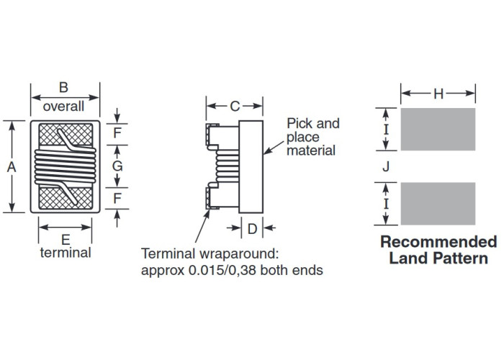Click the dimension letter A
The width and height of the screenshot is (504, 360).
[x=12, y=167]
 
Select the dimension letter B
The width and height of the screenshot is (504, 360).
[x=63, y=87]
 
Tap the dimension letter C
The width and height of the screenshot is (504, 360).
[x=235, y=107]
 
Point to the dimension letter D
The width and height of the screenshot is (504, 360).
[x=253, y=229]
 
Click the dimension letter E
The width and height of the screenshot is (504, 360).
[x=66, y=240]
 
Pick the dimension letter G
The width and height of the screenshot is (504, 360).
[x=117, y=166]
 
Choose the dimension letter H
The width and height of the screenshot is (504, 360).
[x=438, y=94]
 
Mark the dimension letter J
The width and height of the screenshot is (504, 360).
[x=386, y=166]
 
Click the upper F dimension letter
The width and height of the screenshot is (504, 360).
[x=117, y=133]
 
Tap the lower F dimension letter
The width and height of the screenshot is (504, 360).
[x=117, y=198]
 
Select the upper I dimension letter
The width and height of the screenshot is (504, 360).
[x=386, y=130]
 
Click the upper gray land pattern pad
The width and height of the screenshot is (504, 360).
[x=438, y=129]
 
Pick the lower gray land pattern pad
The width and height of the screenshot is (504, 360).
[x=438, y=204]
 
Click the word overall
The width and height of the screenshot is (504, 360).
[x=63, y=107]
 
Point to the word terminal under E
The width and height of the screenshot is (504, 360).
[x=66, y=253]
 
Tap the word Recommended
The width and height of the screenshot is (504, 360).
[x=438, y=242]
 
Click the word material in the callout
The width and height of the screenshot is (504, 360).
[x=311, y=150]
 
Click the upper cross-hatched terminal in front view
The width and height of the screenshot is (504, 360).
[x=66, y=134]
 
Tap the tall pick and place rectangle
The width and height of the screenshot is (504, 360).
[x=251, y=167]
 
